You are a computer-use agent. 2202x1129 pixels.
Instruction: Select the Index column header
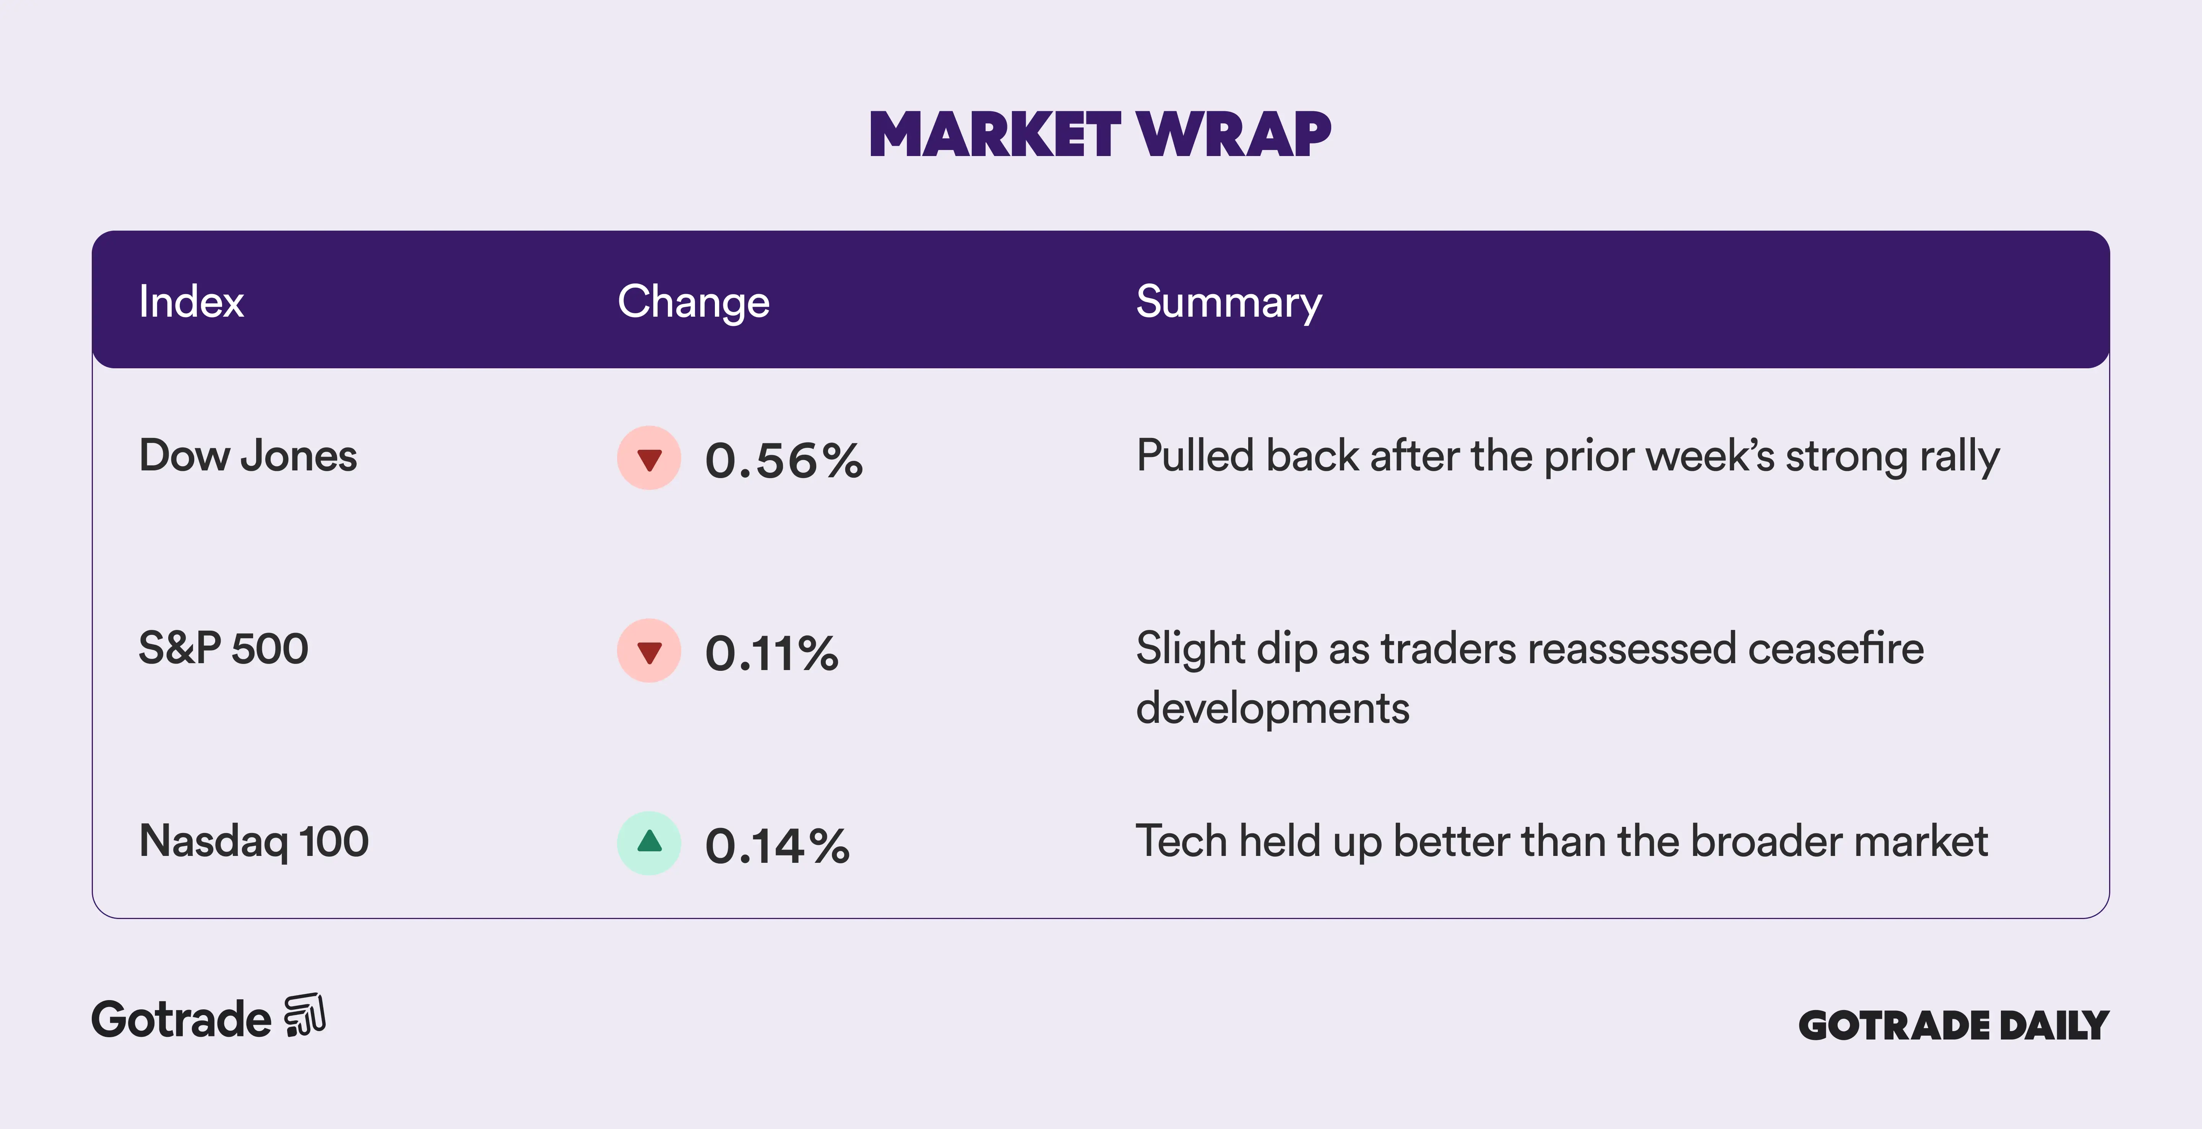pyautogui.click(x=192, y=302)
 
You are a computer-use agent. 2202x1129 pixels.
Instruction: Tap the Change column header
pyautogui.click(x=693, y=302)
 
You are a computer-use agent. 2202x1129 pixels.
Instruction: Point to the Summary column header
pyautogui.click(x=1228, y=302)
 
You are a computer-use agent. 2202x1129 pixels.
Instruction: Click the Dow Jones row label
pyautogui.click(x=248, y=456)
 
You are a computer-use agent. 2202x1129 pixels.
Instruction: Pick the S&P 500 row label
pyautogui.click(x=223, y=648)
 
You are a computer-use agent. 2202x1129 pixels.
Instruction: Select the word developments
pyautogui.click(x=1272, y=708)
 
